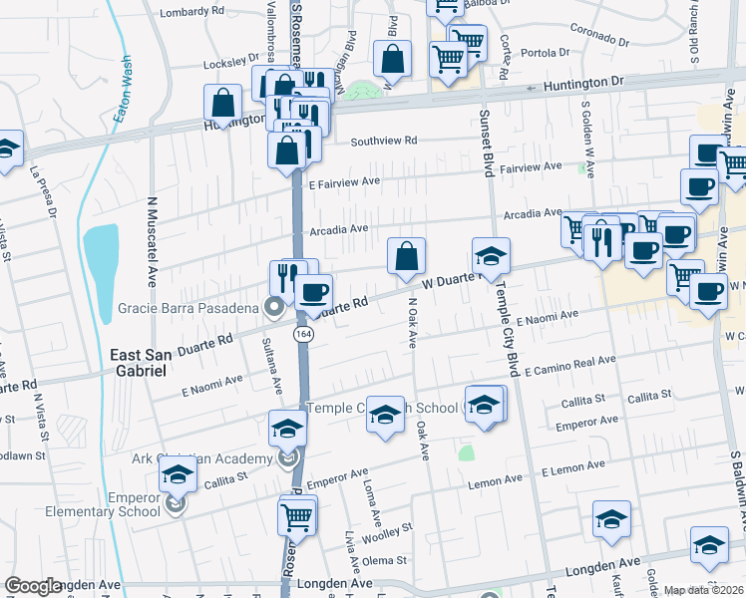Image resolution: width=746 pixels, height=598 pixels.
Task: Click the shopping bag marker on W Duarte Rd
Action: click(x=407, y=257)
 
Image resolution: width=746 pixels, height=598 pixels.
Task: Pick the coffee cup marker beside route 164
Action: click(x=313, y=292)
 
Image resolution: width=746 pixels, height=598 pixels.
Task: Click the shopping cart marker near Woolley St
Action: click(x=297, y=516)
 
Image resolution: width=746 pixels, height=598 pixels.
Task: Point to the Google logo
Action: click(x=33, y=586)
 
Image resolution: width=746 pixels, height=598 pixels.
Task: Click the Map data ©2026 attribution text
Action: click(x=703, y=590)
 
